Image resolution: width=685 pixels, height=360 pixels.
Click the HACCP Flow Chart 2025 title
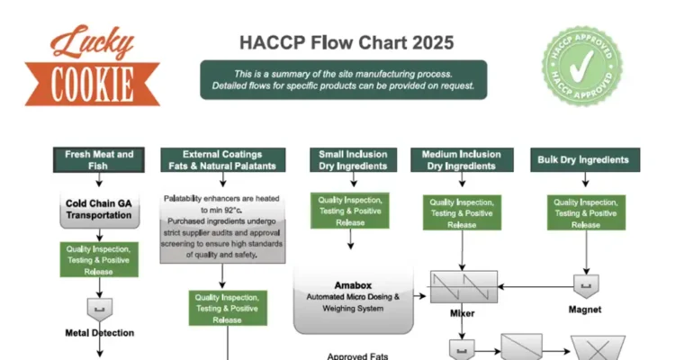pyautogui.click(x=347, y=42)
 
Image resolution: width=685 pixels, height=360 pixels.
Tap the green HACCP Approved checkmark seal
pyautogui.click(x=582, y=65)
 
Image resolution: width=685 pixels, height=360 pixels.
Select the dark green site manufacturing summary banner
pyautogui.click(x=343, y=79)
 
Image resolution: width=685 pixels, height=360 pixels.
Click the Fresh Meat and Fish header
pyautogui.click(x=99, y=159)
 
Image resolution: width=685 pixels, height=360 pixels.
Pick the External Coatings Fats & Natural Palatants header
pyautogui.click(x=222, y=159)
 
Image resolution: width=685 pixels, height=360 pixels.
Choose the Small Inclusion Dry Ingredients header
pyautogui.click(x=353, y=159)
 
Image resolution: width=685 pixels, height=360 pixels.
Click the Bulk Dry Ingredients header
pyautogui.click(x=582, y=159)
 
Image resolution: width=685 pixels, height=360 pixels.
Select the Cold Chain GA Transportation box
pyautogui.click(x=99, y=209)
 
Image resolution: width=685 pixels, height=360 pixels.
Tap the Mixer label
pyautogui.click(x=462, y=314)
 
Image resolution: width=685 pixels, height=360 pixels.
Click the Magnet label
pyautogui.click(x=586, y=309)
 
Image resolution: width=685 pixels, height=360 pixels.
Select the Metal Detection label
pyautogui.click(x=99, y=332)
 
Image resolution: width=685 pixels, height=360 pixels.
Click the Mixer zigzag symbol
pyautogui.click(x=462, y=287)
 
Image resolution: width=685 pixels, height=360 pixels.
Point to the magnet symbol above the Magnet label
pyautogui.click(x=586, y=286)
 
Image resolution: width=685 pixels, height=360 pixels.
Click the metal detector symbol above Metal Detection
pyautogui.click(x=99, y=309)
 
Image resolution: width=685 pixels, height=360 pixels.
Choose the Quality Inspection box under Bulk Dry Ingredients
pyautogui.click(x=586, y=213)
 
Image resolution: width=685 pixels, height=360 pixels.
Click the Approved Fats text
pyautogui.click(x=357, y=356)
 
